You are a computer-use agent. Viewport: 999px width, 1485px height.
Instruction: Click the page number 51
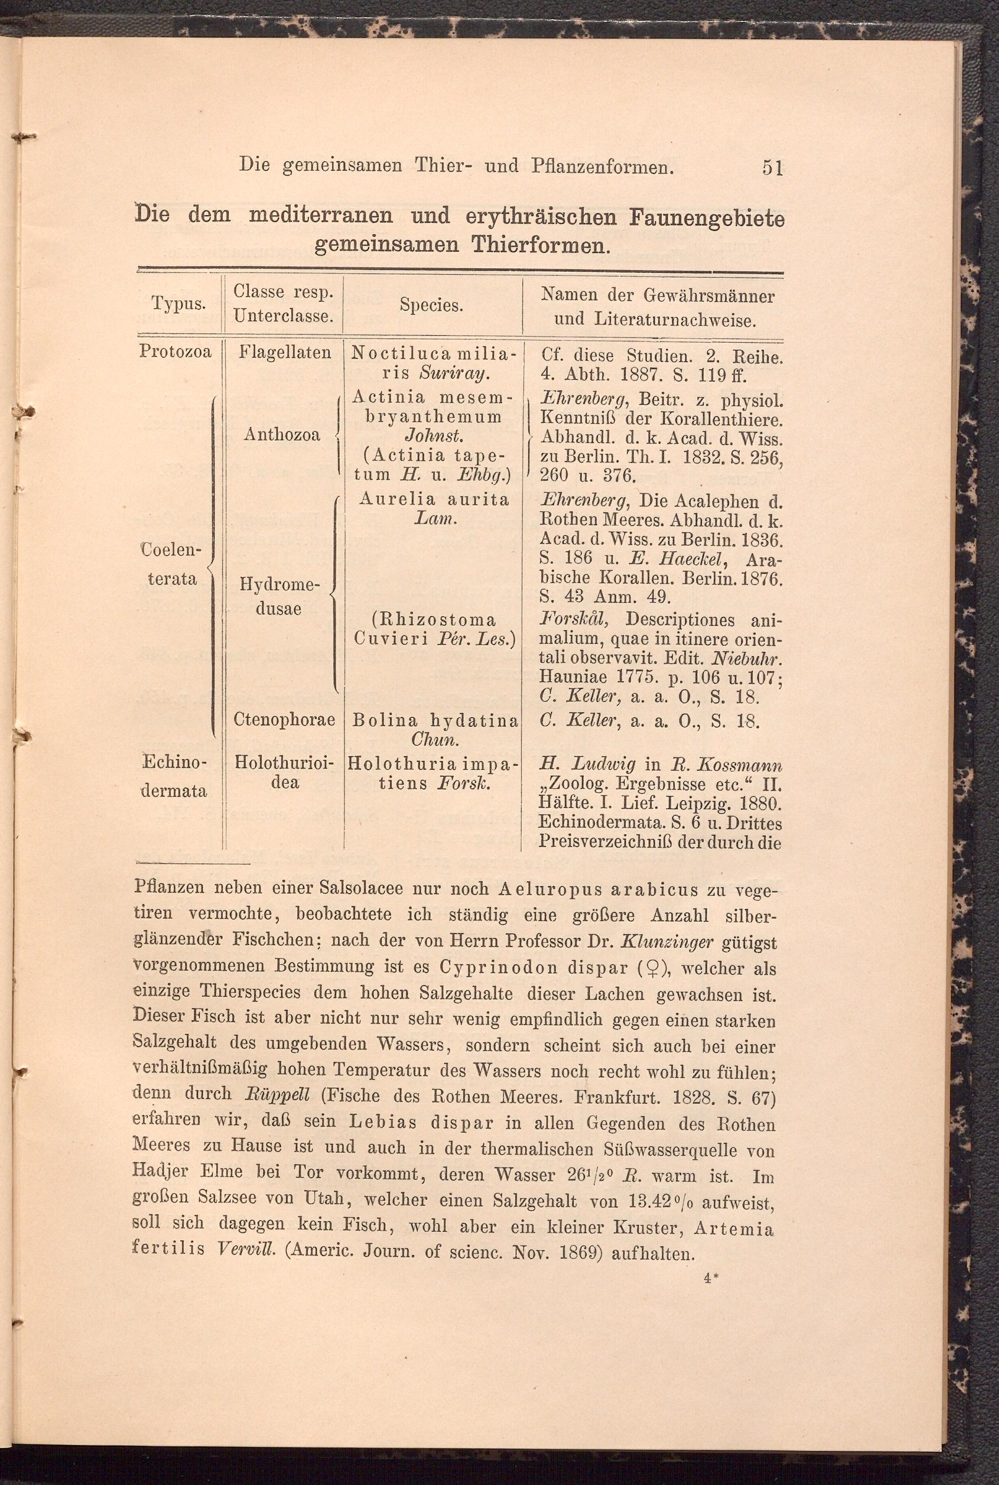click(x=772, y=167)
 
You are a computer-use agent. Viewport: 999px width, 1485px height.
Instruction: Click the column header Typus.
click(x=178, y=303)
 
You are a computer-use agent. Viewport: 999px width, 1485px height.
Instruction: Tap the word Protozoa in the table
click(x=175, y=352)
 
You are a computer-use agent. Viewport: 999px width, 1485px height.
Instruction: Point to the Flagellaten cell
click(x=285, y=352)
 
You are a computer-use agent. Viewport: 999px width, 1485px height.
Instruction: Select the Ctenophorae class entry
click(x=284, y=720)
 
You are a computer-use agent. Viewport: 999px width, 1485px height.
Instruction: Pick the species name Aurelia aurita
click(x=434, y=499)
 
